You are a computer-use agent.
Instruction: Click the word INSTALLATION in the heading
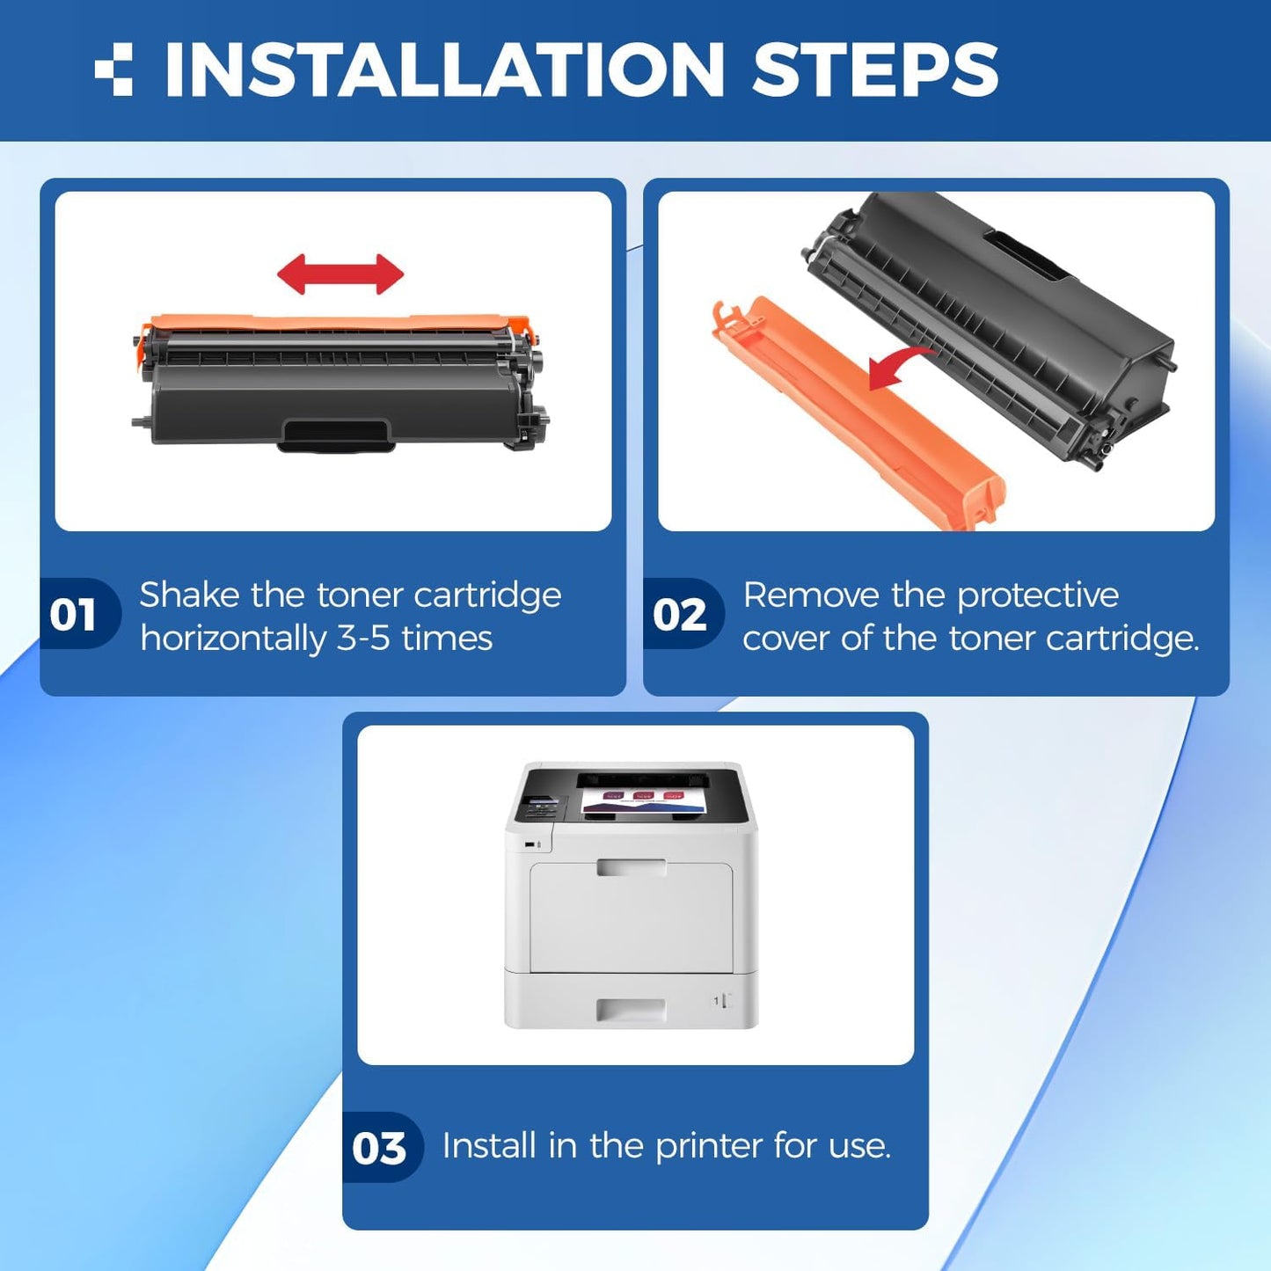pyautogui.click(x=443, y=70)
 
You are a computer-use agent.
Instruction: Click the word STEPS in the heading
pyautogui.click(x=874, y=70)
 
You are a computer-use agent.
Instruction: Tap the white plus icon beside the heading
pyautogui.click(x=114, y=69)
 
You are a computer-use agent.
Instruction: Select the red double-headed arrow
pyautogui.click(x=340, y=274)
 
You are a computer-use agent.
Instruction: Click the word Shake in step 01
pyautogui.click(x=189, y=595)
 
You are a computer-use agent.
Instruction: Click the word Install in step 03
pyautogui.click(x=489, y=1145)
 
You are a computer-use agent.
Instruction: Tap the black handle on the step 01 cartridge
pyautogui.click(x=335, y=435)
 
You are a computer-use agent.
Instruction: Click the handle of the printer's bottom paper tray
pyautogui.click(x=631, y=1010)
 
